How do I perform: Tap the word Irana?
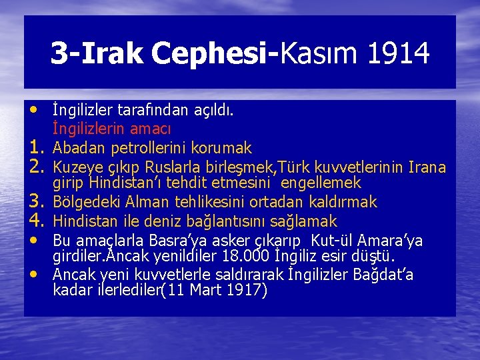[x=427, y=166]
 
